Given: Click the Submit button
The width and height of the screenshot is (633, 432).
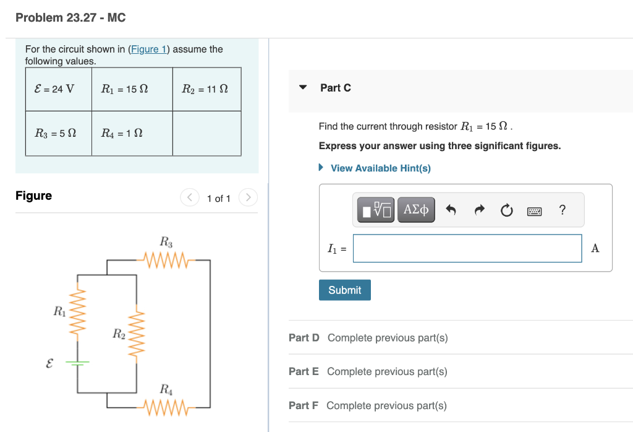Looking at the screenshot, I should (x=344, y=290).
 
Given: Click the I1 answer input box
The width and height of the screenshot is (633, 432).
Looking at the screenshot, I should (x=467, y=248).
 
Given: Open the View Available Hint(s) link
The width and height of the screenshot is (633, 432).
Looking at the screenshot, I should (x=380, y=168).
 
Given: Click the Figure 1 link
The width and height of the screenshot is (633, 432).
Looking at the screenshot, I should (x=148, y=49).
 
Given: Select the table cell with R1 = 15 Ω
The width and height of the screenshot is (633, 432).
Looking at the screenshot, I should (x=132, y=89).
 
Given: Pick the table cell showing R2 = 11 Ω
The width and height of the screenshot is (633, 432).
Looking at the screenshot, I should (x=206, y=89).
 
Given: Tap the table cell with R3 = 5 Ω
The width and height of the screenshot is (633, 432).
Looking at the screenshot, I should (x=59, y=133).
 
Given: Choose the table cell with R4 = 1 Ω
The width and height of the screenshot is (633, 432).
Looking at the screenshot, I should (x=132, y=133).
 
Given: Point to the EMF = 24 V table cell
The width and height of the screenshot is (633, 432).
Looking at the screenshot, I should (x=59, y=89).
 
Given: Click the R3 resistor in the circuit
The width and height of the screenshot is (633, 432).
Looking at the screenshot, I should (x=165, y=260).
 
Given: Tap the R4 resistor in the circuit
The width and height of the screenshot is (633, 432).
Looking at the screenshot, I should (x=165, y=407).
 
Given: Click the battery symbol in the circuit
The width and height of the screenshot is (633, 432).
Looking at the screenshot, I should (x=77, y=363).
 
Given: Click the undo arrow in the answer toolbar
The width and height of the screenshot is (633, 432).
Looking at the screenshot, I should (x=451, y=210).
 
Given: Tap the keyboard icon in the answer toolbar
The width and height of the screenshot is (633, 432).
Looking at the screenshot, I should (x=534, y=211).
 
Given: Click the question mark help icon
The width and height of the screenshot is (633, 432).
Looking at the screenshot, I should (x=562, y=210).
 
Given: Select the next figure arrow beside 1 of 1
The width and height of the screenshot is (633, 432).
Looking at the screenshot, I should (x=248, y=198).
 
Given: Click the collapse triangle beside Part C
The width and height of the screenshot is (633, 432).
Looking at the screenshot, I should (x=303, y=88).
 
